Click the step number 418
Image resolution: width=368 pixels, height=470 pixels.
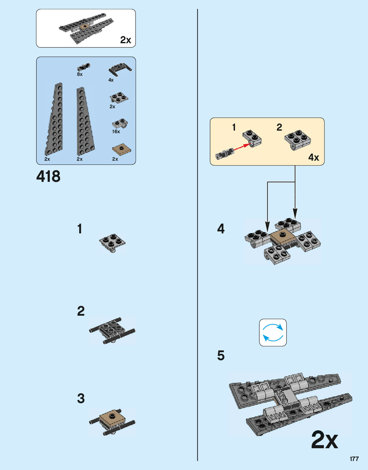coord(48,176)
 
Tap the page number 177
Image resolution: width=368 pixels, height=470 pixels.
coord(354,459)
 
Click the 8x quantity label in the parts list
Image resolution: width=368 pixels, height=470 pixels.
coord(80,74)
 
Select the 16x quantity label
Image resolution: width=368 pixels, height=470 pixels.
coord(116,132)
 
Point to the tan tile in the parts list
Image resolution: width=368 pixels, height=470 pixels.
coord(121,149)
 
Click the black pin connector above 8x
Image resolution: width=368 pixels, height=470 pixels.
coord(83,67)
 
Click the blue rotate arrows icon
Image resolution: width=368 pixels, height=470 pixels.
coord(273,332)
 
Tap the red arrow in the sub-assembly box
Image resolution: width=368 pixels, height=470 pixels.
coord(241,147)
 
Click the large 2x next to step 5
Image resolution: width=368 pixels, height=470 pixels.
coord(324,440)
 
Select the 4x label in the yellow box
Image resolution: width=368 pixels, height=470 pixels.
coord(313,157)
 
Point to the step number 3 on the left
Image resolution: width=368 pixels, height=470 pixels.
coord(81,399)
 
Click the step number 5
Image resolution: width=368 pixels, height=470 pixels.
coord(221,355)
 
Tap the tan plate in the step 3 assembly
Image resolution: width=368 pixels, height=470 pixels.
coord(112,417)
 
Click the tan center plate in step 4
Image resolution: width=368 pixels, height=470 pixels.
coord(282,237)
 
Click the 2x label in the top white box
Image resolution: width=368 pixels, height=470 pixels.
coord(125,40)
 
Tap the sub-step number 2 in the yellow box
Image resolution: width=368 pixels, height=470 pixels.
coord(279,127)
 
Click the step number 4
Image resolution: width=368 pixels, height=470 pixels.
coord(221,229)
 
